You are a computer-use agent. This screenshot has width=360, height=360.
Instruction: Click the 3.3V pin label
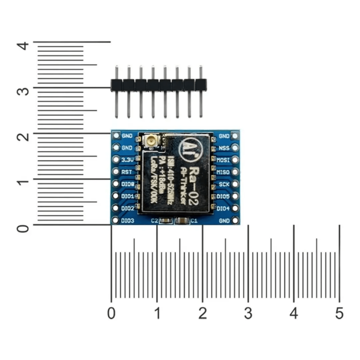point(127,160)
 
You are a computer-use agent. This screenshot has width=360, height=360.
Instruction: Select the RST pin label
point(127,172)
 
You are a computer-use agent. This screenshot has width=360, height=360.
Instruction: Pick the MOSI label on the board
point(223,160)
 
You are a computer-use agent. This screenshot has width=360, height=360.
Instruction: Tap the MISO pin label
point(223,172)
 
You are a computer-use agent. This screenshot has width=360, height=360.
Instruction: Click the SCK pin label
point(224,184)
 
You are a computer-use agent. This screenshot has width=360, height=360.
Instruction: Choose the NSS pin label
point(224,148)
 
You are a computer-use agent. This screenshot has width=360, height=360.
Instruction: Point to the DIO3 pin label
point(127,221)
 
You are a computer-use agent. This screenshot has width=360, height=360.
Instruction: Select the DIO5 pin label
point(223,196)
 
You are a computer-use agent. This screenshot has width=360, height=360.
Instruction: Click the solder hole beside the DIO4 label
point(235,208)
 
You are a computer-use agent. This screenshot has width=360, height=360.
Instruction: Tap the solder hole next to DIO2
point(115,208)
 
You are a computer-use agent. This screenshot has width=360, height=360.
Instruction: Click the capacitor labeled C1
point(182,221)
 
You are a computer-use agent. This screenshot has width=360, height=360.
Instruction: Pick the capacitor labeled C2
point(166,221)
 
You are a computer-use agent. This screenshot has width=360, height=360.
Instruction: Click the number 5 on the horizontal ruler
point(339,313)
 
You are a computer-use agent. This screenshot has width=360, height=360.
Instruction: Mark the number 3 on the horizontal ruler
point(248,313)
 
